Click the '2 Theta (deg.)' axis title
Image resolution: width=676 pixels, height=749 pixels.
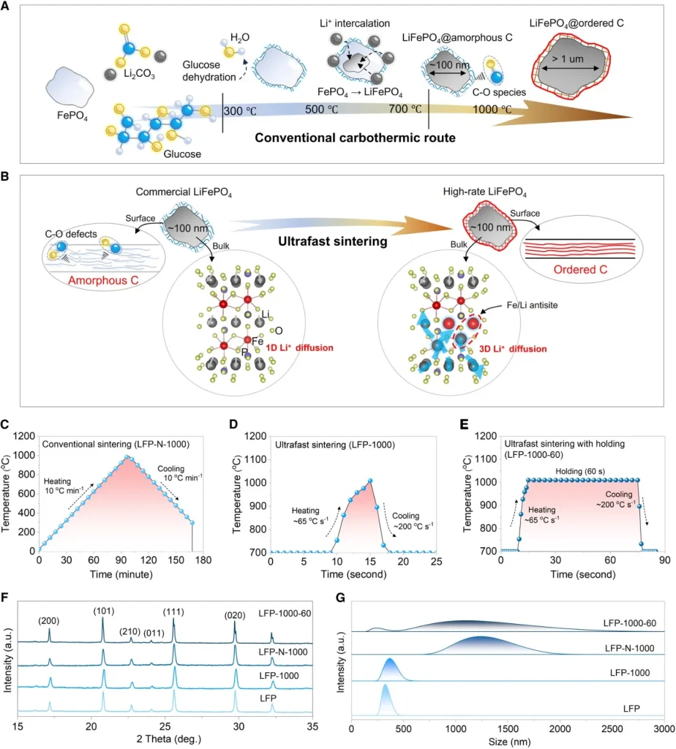coord(152,739)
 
